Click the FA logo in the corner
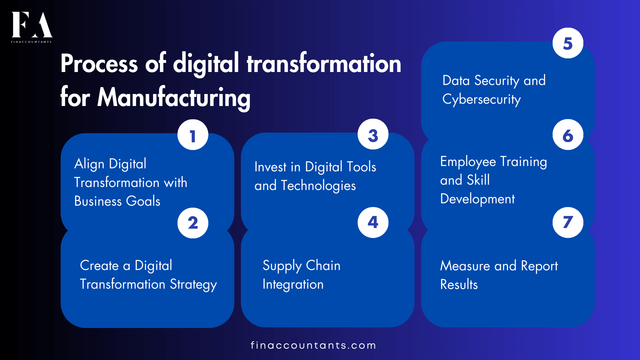tap(32, 27)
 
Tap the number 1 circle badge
tap(193, 135)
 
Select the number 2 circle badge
tap(193, 223)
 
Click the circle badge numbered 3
tap(373, 134)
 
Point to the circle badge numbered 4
tap(373, 222)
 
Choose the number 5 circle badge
tap(568, 43)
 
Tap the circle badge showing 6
tap(568, 135)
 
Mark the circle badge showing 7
tap(568, 222)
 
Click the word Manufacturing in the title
tap(174, 98)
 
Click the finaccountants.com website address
tap(313, 345)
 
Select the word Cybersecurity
tap(481, 100)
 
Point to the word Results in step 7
tap(459, 285)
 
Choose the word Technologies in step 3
tap(318, 186)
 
